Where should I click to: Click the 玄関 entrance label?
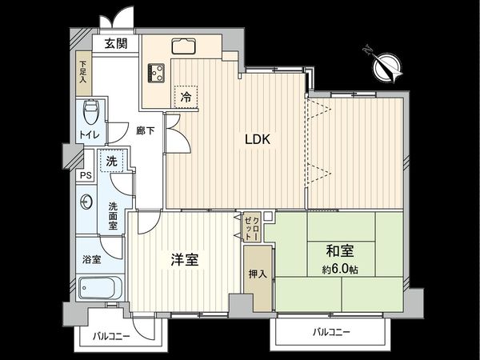tap(114, 44)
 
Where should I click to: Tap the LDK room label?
tap(258, 139)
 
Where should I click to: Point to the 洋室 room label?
tap(184, 260)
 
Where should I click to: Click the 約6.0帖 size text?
tap(340, 270)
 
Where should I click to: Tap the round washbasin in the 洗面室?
tap(86, 203)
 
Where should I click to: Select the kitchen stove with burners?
tap(155, 73)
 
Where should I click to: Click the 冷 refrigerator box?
tap(185, 97)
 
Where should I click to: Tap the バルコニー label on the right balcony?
tap(330, 331)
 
